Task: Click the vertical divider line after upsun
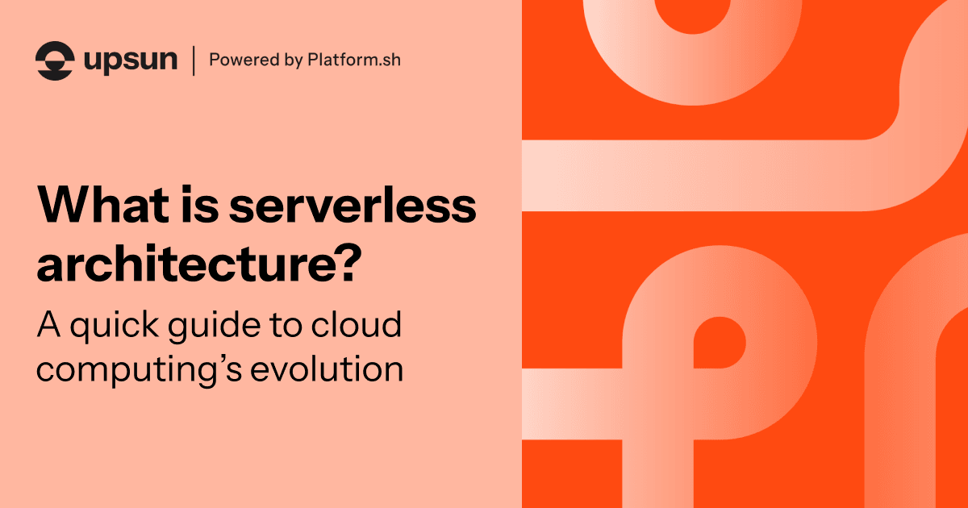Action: click(x=193, y=60)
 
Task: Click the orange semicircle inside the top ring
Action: click(x=691, y=14)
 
